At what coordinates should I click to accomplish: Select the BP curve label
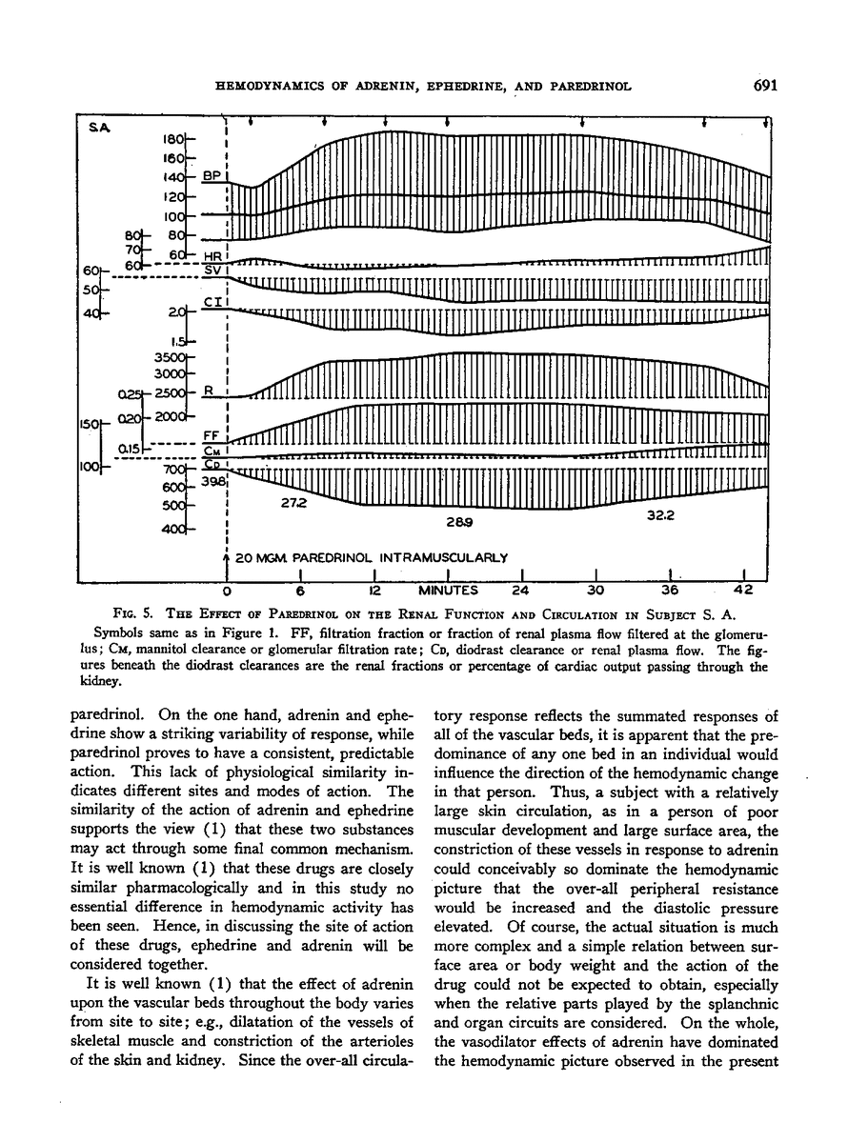(211, 176)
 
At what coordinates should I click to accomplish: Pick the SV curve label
(213, 270)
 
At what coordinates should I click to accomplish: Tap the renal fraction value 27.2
(293, 504)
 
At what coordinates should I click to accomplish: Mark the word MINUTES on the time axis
(446, 589)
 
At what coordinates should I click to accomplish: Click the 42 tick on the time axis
(742, 589)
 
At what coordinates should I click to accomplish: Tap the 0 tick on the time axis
(227, 589)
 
